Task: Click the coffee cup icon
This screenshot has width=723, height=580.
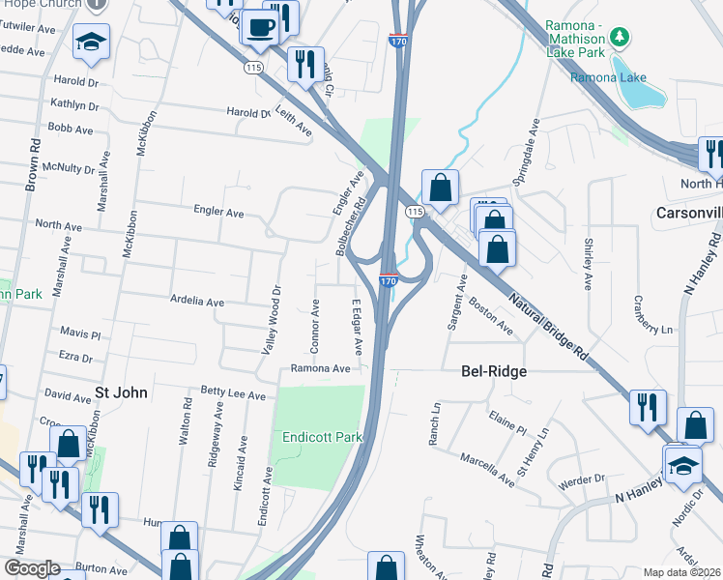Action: (x=259, y=26)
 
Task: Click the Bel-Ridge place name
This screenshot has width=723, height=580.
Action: (x=491, y=370)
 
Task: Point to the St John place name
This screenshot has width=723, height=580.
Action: (x=122, y=392)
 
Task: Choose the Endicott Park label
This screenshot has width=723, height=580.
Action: (x=321, y=437)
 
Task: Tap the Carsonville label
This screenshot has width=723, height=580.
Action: (x=688, y=212)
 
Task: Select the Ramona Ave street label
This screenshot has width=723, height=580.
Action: (x=320, y=368)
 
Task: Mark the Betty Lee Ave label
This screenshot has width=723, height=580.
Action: (x=232, y=395)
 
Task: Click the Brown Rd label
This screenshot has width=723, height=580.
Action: (x=33, y=164)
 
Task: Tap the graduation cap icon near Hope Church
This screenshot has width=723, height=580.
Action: (x=91, y=41)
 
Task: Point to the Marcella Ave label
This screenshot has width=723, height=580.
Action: (x=486, y=468)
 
